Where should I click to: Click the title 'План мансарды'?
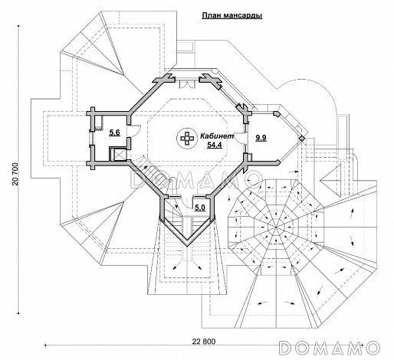(x=232, y=15)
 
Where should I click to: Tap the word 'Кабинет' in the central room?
(x=217, y=136)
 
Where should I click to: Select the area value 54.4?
(x=215, y=145)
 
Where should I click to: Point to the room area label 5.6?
(x=114, y=133)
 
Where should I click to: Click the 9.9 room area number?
(x=261, y=138)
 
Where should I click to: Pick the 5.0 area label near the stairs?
(x=200, y=208)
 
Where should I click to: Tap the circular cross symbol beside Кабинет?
(x=186, y=138)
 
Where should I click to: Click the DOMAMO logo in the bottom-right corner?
(x=329, y=347)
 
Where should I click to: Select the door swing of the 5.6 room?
(x=136, y=129)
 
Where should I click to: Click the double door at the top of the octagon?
(x=186, y=84)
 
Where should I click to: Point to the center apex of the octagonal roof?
(x=276, y=227)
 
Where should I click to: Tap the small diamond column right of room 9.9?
(x=302, y=138)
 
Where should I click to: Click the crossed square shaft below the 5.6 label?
(x=118, y=155)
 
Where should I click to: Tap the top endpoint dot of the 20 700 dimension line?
(x=18, y=26)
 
